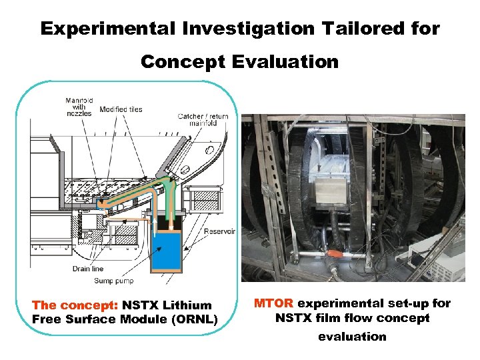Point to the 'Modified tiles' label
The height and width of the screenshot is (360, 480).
pos(121,109)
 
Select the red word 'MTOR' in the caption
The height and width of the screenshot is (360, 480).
pos(272,304)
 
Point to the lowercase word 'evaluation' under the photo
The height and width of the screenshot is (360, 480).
pos(352,337)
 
